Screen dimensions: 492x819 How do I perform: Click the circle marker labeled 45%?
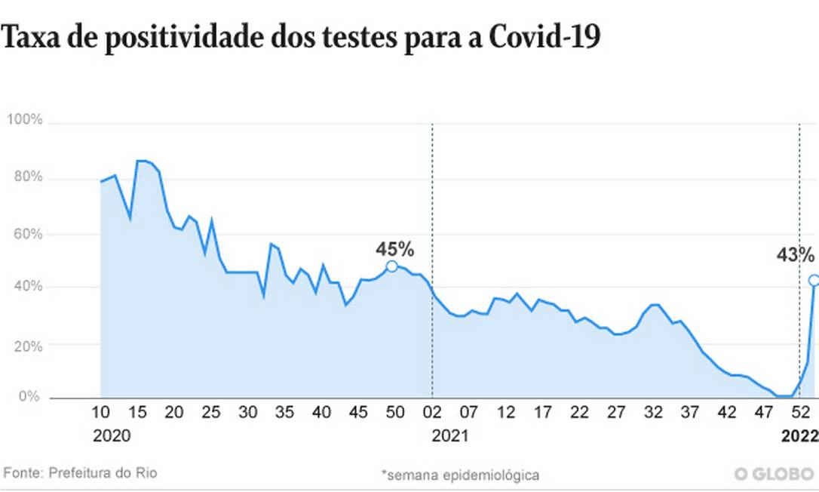point(391,266)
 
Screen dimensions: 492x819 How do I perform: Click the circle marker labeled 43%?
point(814,280)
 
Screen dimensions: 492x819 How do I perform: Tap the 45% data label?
point(395,248)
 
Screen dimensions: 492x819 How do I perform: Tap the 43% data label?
point(796,255)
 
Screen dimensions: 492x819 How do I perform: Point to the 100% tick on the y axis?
point(24,121)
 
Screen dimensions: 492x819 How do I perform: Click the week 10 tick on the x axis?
point(100,413)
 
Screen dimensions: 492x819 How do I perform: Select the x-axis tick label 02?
point(432,413)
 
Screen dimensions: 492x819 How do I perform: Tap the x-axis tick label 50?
point(395,413)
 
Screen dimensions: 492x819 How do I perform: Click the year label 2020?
point(111,436)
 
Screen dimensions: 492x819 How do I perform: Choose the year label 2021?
point(450,436)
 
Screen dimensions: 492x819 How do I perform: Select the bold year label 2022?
point(799,436)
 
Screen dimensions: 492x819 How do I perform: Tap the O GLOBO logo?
point(775,474)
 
